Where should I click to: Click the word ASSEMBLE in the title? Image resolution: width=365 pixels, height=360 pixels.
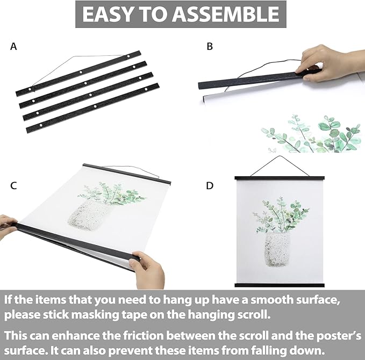pos(226,14)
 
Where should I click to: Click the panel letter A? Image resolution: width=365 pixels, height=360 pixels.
pos(13,47)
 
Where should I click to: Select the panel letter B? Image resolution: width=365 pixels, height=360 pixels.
pos(210,47)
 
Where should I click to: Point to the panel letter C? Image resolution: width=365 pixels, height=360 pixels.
pos(13,186)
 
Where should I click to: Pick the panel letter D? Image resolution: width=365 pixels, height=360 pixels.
pos(210,186)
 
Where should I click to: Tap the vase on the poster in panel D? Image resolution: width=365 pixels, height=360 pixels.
pos(277,249)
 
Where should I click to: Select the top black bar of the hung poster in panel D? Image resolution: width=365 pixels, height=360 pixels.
pos(280,178)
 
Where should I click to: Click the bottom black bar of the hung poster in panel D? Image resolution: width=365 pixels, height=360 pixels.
pos(280,285)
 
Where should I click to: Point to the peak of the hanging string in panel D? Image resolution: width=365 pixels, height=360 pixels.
pos(280,156)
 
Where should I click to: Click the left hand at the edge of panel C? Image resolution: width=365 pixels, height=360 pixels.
pos(8,226)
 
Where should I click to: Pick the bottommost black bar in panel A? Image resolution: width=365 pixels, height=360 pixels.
pos(92,108)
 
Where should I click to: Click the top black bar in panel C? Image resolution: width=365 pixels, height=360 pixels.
pos(127,174)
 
